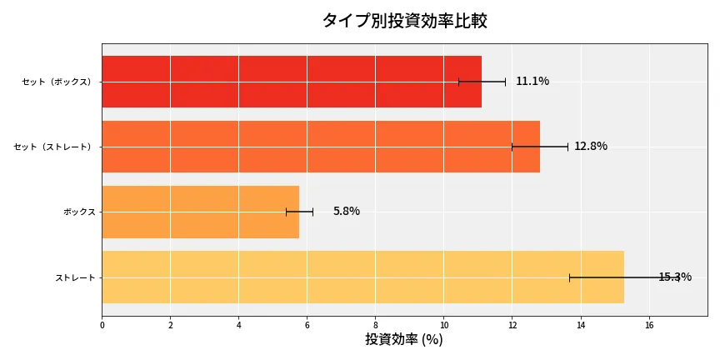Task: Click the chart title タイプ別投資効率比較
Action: click(404, 21)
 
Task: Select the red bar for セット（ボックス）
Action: click(292, 82)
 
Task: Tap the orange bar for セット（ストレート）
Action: click(321, 147)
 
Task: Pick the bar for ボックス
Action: click(200, 212)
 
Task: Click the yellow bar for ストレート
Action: click(362, 277)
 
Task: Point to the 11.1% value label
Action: click(532, 82)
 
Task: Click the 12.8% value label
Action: click(591, 147)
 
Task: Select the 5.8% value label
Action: click(347, 212)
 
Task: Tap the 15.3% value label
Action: click(675, 277)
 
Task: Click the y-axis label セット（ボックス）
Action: click(57, 82)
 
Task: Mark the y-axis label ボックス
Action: click(79, 212)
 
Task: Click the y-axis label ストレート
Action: click(75, 277)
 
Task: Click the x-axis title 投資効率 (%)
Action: click(404, 340)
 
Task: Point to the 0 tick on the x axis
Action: click(102, 325)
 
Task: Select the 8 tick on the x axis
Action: click(375, 325)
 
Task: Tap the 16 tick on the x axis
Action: click(648, 325)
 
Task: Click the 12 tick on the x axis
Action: click(512, 325)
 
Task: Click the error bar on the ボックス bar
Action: click(299, 212)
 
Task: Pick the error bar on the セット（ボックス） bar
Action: click(482, 82)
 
